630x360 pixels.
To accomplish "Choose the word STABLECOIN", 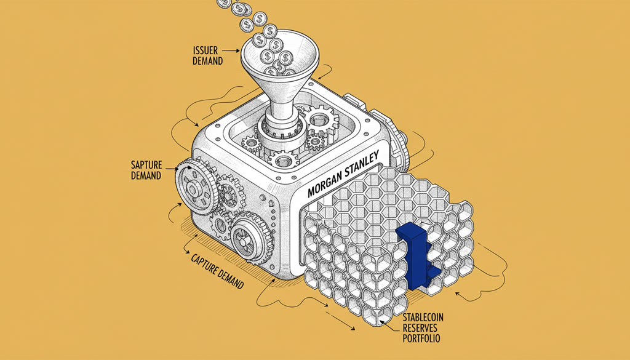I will pos(426,318).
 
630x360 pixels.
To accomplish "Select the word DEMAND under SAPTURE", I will pos(146,175).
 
